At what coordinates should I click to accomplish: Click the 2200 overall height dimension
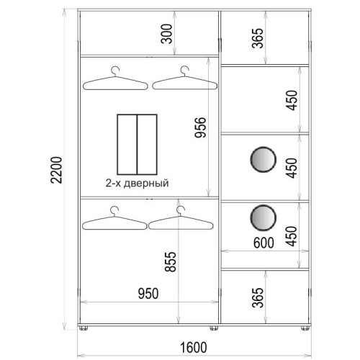tap(57, 170)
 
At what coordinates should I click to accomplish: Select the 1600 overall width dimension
tap(193, 347)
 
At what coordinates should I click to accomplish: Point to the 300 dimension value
tap(166, 34)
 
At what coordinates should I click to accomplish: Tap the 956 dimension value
tap(200, 127)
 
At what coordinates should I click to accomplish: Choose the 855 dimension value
tap(171, 261)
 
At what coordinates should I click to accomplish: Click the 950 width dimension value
tap(148, 293)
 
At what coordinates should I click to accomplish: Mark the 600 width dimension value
tap(264, 243)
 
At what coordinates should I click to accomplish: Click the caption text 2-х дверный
tap(138, 183)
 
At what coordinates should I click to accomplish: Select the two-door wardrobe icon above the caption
tap(137, 145)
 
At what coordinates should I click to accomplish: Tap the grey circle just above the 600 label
tap(264, 218)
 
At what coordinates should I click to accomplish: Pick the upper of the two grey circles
tap(264, 160)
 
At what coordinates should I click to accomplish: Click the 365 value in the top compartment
tap(258, 38)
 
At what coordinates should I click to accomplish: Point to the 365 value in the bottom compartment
tap(258, 297)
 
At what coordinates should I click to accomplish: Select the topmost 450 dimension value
tap(292, 100)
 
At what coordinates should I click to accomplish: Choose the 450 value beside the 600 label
tap(292, 236)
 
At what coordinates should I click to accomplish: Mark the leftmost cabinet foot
tap(84, 328)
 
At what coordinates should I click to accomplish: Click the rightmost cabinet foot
tap(305, 328)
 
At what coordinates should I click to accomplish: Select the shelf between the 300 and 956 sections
tap(149, 56)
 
